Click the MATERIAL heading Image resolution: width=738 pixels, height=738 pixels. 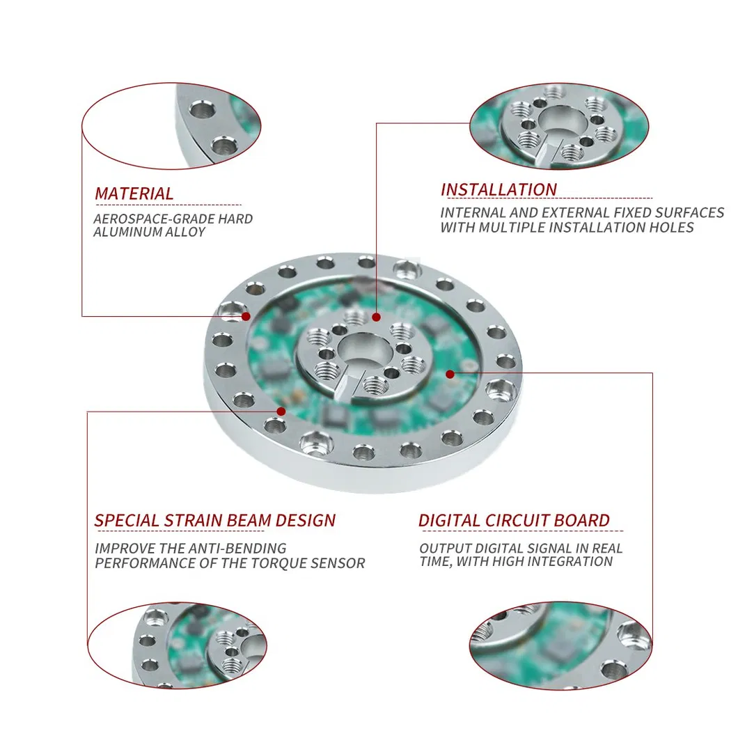[134, 194]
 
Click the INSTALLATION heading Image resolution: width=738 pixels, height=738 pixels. [498, 189]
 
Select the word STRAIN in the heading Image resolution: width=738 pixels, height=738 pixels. [194, 520]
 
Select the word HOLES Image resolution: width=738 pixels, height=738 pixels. [671, 228]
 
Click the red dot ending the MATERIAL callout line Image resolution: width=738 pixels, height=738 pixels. [246, 316]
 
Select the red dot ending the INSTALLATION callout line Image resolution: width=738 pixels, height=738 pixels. [376, 317]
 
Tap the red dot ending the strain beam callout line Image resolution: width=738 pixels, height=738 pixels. [281, 411]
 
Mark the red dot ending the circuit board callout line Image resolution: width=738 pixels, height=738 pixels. [450, 374]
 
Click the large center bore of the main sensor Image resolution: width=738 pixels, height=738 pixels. [363, 350]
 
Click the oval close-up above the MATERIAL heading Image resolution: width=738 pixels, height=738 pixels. [171, 126]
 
